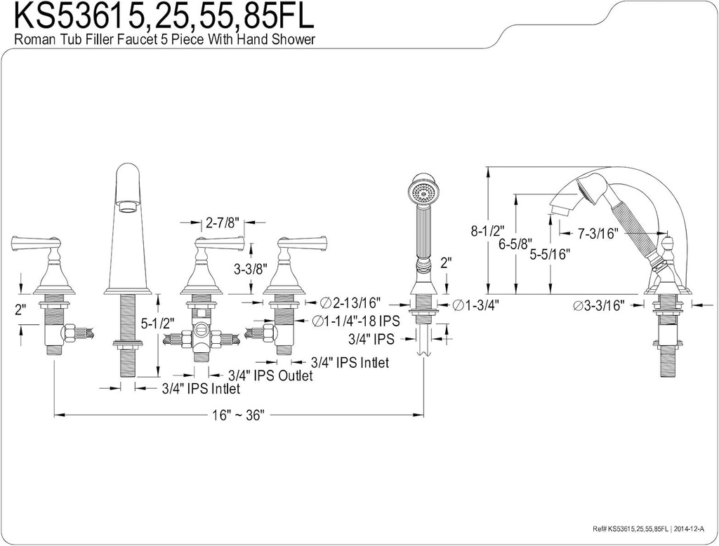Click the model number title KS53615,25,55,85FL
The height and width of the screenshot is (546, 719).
pos(159,17)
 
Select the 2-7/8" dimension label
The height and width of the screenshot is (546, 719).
pos(223,222)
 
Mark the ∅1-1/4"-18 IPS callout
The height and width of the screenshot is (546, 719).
pos(355,321)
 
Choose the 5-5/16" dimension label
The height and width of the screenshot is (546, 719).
pos(549,255)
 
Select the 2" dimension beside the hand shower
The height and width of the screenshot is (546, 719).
pos(445,265)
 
